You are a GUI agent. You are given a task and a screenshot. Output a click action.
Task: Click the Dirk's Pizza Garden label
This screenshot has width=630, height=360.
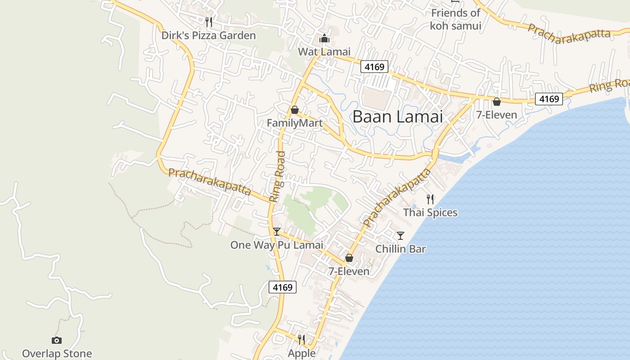click(208, 36)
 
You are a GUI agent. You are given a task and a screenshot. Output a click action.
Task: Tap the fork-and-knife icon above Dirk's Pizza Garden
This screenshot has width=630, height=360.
click(208, 22)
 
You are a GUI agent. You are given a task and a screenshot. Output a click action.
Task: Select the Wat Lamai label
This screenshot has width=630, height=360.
click(324, 52)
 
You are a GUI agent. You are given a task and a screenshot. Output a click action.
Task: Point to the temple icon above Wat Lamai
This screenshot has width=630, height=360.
click(324, 38)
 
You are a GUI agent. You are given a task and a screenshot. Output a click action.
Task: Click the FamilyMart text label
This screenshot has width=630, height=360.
click(294, 123)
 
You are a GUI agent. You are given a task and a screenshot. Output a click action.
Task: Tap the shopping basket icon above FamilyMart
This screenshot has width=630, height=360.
click(295, 110)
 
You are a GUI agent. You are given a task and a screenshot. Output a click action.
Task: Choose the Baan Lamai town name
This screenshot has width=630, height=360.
click(397, 117)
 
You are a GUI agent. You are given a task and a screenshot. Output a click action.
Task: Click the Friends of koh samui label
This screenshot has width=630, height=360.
click(455, 19)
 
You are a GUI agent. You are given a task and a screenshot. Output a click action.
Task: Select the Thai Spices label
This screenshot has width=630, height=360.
click(430, 212)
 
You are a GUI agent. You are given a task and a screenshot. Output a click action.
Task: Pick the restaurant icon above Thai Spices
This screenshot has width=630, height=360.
click(431, 199)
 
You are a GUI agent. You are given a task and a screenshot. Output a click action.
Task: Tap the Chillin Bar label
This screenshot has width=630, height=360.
click(400, 249)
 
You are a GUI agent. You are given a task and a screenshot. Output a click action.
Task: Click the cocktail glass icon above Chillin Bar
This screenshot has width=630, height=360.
click(400, 235)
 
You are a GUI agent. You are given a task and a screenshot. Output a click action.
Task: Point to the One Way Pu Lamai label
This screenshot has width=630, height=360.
click(277, 245)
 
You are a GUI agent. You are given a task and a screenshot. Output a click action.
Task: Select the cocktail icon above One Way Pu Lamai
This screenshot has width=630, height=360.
click(277, 232)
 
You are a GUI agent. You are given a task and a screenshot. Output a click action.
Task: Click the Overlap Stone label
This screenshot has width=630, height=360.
click(57, 354)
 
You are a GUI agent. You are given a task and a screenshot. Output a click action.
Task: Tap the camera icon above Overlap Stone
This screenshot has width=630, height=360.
click(57, 340)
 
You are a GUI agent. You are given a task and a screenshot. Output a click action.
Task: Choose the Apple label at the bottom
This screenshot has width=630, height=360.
click(302, 354)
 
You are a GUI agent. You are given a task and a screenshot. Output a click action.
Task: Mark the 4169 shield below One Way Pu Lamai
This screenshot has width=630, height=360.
click(283, 287)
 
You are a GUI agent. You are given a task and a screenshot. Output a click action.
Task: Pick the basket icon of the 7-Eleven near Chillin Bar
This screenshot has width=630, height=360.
click(349, 258)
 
